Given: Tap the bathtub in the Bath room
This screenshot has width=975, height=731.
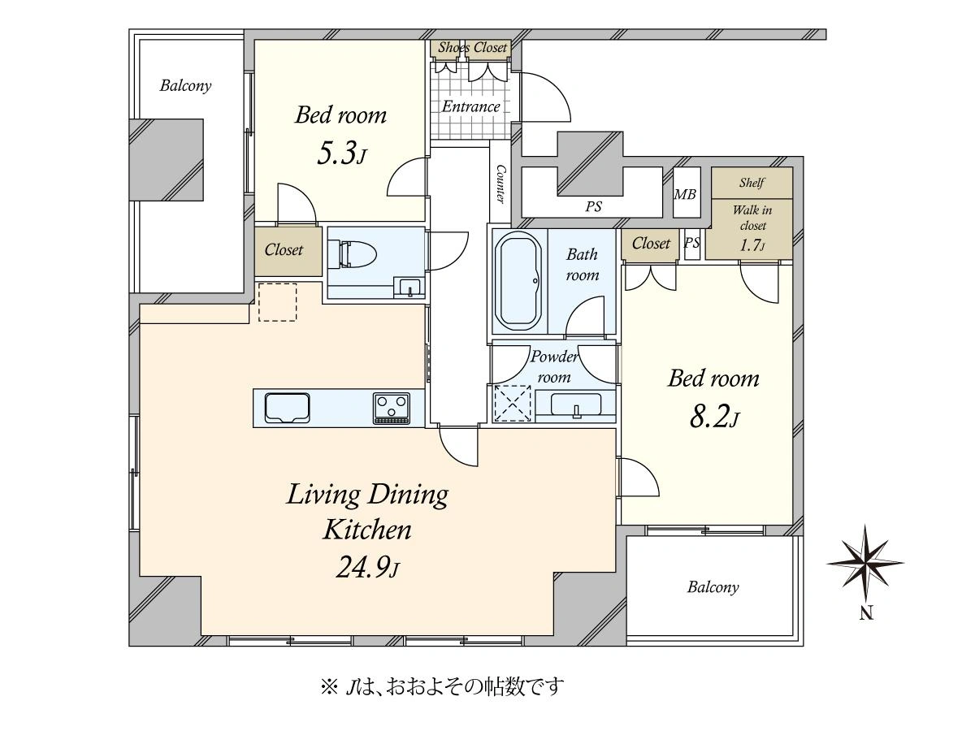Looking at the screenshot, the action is pyautogui.click(x=518, y=281).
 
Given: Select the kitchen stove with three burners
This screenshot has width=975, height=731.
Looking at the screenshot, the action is pyautogui.click(x=392, y=409).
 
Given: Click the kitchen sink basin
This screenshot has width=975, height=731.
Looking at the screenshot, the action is pyautogui.click(x=287, y=408).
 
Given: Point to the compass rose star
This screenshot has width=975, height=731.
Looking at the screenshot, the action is pyautogui.click(x=864, y=563).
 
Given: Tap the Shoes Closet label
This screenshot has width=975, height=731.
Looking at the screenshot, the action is pyautogui.click(x=472, y=47).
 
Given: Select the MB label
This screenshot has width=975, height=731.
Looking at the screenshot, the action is pyautogui.click(x=685, y=194).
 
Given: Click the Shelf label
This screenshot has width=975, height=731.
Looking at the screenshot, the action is pyautogui.click(x=752, y=183).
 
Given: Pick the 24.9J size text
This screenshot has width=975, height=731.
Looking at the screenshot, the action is pyautogui.click(x=368, y=567).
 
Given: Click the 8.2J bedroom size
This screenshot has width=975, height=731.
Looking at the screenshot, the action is pyautogui.click(x=714, y=417).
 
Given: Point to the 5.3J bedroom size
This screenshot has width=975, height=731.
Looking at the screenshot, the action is pyautogui.click(x=341, y=154).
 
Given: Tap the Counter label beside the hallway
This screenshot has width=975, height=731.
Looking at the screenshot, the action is pyautogui.click(x=500, y=184).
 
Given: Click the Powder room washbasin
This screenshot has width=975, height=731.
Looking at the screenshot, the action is pyautogui.click(x=576, y=404).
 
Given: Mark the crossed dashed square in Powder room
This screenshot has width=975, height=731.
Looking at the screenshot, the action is pyautogui.click(x=513, y=404).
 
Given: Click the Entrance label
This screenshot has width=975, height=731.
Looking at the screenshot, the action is pyautogui.click(x=470, y=106).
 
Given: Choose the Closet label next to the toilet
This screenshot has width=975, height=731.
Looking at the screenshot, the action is pyautogui.click(x=284, y=249).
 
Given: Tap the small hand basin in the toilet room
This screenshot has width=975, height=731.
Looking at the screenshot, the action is pyautogui.click(x=409, y=288).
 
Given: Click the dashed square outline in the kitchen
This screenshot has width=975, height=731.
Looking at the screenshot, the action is pyautogui.click(x=278, y=302).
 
